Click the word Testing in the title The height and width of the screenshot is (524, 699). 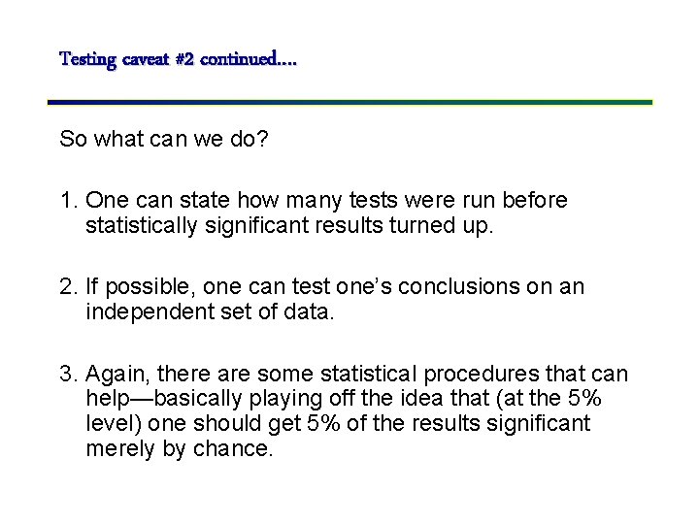[x=87, y=60]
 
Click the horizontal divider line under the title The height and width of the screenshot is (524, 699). [x=349, y=101]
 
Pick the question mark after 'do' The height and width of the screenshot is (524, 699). [x=262, y=140]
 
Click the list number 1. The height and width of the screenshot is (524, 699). [x=67, y=201]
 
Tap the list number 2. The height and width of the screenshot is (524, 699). [x=67, y=287]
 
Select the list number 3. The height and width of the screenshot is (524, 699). [x=67, y=375]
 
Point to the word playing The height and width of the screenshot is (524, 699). [x=276, y=400]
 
